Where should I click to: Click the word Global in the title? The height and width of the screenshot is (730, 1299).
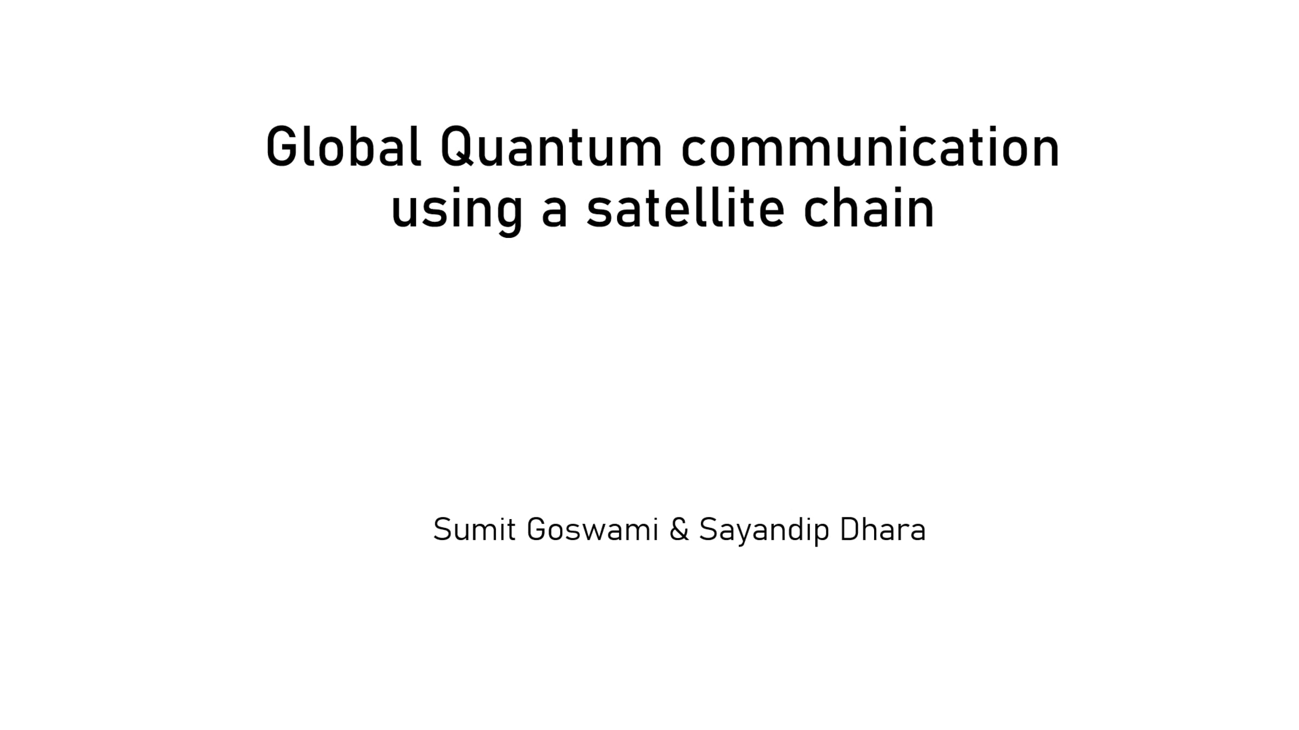click(344, 147)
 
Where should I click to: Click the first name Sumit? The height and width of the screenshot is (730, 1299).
click(474, 529)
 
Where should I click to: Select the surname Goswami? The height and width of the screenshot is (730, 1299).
click(592, 529)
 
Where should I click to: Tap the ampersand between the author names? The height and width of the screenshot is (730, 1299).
click(679, 529)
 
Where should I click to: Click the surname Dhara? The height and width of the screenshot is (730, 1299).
click(883, 529)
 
